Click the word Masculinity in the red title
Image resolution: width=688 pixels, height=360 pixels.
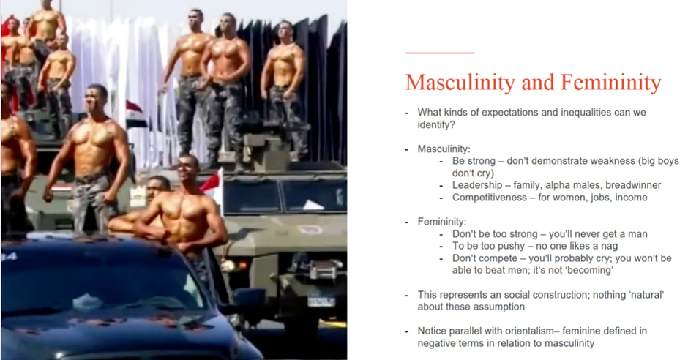coord(460,83)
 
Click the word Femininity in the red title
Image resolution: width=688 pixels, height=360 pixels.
coord(610,83)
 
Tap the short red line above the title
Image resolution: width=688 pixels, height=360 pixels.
coord(440,53)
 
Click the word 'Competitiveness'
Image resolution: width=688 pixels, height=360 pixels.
coord(490,198)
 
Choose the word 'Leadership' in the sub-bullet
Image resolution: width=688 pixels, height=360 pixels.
coord(477,185)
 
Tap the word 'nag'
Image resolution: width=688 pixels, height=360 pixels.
coord(609,247)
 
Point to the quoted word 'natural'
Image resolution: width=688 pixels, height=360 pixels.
coord(647,295)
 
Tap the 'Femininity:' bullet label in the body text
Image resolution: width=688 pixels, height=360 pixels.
coord(442,222)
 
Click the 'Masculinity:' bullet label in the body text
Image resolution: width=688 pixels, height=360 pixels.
coord(444,149)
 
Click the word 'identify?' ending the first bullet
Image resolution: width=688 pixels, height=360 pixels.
coord(436,125)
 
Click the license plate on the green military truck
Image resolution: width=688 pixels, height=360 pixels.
coord(321,301)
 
